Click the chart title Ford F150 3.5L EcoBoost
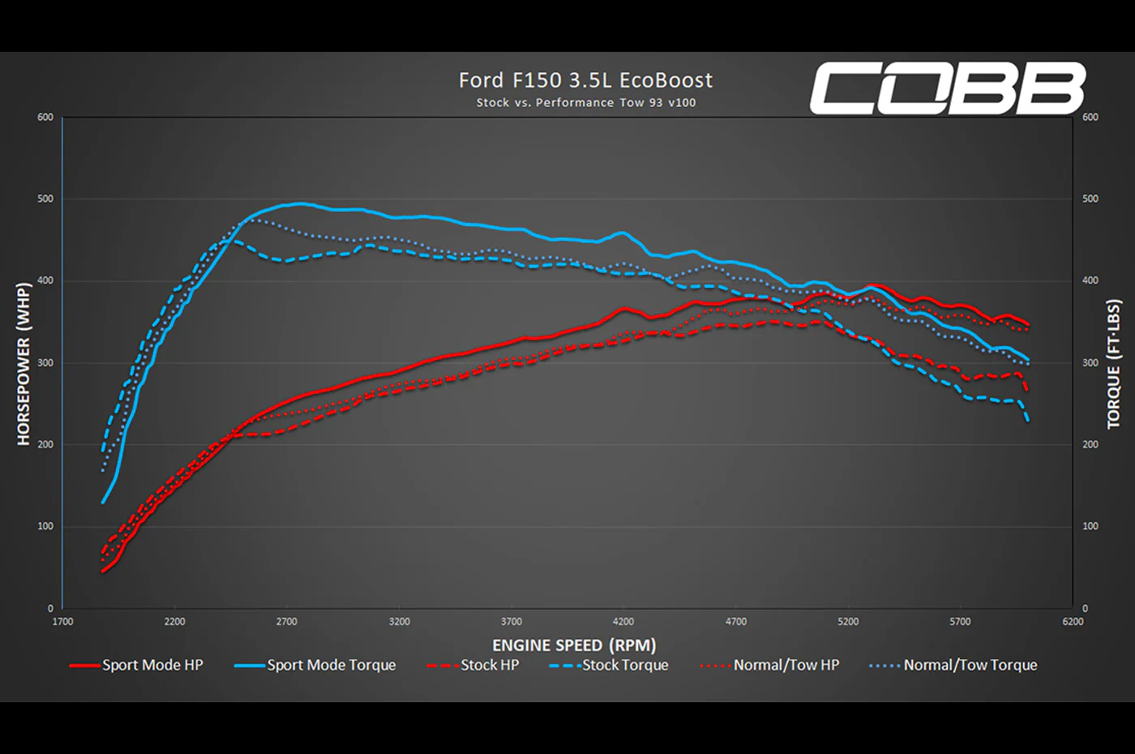(x=585, y=80)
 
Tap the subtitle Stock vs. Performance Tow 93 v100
(x=585, y=102)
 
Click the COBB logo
(x=948, y=88)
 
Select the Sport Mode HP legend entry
(x=136, y=665)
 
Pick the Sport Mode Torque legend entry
(x=315, y=665)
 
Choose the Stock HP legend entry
(x=473, y=665)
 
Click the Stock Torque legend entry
(x=609, y=665)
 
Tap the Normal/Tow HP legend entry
(x=769, y=665)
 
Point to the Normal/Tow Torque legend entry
(x=953, y=665)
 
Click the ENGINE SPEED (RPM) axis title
(x=574, y=645)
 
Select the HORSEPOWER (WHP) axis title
(x=24, y=364)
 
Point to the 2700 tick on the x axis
(x=287, y=621)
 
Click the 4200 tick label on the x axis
(x=623, y=621)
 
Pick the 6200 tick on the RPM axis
(x=1073, y=621)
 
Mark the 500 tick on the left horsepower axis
(x=45, y=199)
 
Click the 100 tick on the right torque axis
(x=1090, y=526)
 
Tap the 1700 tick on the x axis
(x=63, y=621)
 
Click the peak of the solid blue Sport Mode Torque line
(x=301, y=203)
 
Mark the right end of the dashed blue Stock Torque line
(x=1028, y=421)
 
